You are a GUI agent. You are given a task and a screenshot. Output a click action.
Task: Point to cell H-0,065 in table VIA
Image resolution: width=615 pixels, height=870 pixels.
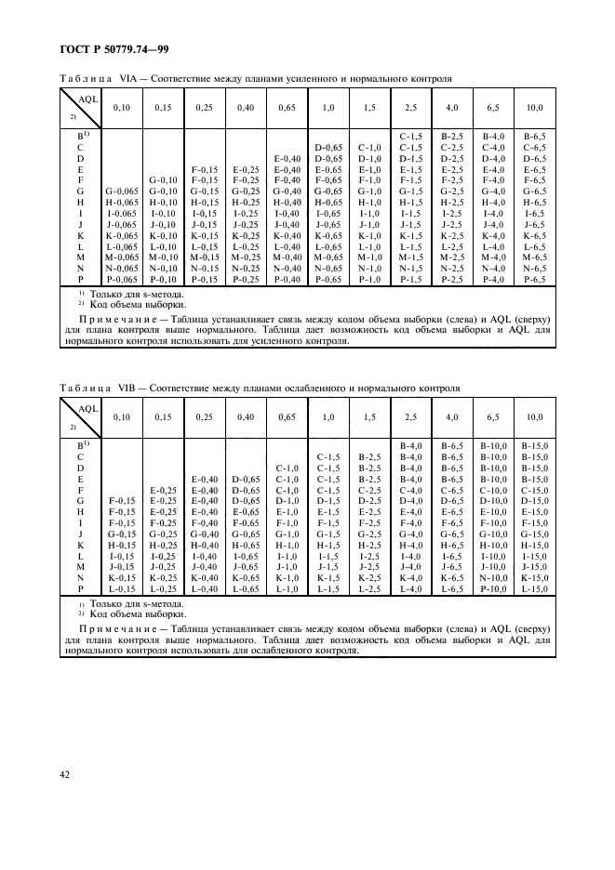tap(119, 203)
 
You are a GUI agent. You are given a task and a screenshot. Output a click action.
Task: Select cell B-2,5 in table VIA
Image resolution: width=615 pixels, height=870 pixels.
tap(452, 137)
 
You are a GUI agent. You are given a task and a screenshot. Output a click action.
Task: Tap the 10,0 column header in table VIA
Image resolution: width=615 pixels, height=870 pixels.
tap(534, 109)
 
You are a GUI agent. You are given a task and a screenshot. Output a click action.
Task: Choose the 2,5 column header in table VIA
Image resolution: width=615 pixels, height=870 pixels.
tap(410, 109)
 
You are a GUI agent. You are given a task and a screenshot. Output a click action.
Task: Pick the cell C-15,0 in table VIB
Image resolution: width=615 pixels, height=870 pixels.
tap(534, 490)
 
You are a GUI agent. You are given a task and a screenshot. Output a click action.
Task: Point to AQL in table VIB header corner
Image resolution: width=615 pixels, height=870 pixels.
tap(87, 408)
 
